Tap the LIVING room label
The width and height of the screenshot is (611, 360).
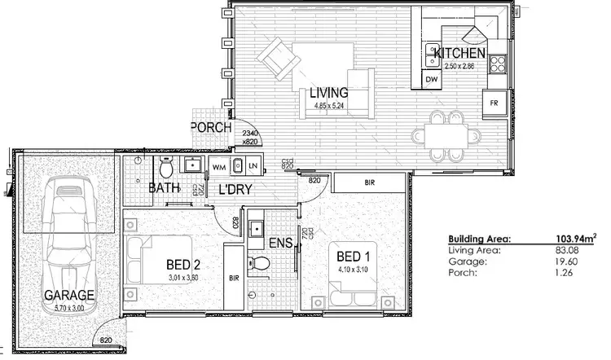click(328, 93)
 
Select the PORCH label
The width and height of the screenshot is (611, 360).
click(211, 128)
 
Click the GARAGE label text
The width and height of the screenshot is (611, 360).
click(69, 294)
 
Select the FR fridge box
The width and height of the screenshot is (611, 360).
click(493, 103)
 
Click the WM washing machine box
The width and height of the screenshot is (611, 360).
click(218, 166)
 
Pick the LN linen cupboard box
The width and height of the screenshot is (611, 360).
click(253, 166)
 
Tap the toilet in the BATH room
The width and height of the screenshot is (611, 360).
click(165, 169)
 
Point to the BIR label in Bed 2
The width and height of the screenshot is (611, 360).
click(234, 278)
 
